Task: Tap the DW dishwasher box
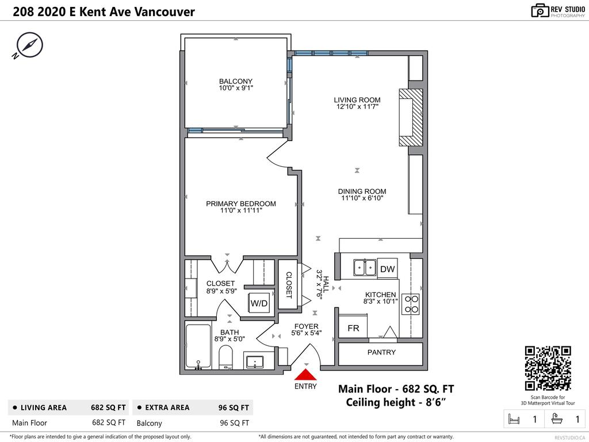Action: pyautogui.click(x=387, y=269)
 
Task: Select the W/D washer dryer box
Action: pyautogui.click(x=259, y=303)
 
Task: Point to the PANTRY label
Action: pyautogui.click(x=381, y=352)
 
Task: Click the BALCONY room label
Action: pyautogui.click(x=235, y=81)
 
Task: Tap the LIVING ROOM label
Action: pyautogui.click(x=357, y=100)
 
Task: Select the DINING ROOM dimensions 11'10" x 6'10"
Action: pyautogui.click(x=361, y=199)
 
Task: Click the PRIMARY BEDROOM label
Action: pyautogui.click(x=241, y=203)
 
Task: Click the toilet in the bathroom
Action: pyautogui.click(x=226, y=357)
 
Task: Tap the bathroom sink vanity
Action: pyautogui.click(x=255, y=361)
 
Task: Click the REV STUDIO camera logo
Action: pyautogui.click(x=541, y=10)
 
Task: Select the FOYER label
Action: pyautogui.click(x=306, y=326)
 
